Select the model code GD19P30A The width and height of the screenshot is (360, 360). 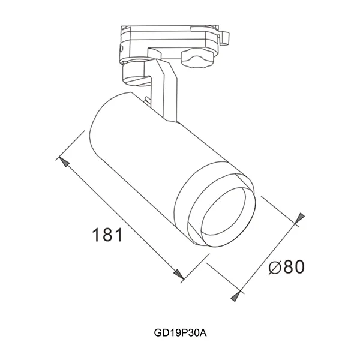pos(180,331)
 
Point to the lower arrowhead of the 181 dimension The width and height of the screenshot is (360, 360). pos(179,274)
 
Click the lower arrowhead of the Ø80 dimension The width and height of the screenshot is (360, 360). pos(238,295)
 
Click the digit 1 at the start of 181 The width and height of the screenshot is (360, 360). pos(97,235)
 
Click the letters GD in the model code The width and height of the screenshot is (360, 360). pos(160,331)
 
